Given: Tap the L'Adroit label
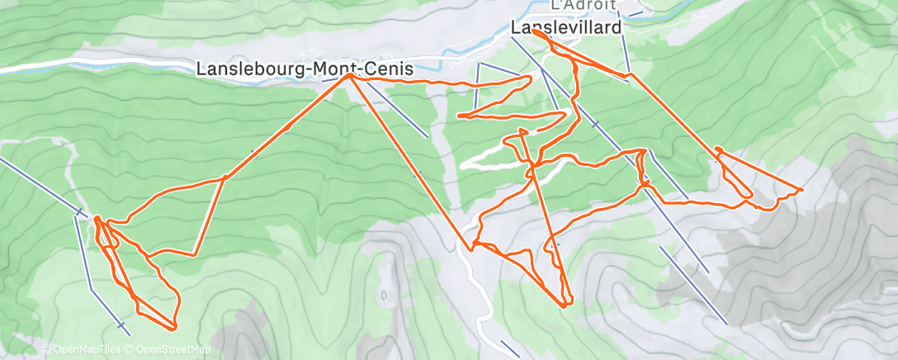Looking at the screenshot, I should click(583, 5).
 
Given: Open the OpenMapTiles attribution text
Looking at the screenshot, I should click(84, 349).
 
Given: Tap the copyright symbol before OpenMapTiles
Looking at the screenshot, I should click(45, 349).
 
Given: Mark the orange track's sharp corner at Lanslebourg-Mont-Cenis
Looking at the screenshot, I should click(350, 75).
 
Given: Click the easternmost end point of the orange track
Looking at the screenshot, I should click(801, 190).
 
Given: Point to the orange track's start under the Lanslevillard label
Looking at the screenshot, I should click(536, 34).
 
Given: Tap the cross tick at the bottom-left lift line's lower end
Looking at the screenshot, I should click(122, 326).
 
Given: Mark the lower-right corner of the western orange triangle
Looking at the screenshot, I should click(195, 254).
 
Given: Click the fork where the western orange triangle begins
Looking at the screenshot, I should click(224, 178).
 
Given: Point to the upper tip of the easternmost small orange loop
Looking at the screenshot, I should click(718, 149).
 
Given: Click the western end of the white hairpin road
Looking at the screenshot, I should click(462, 165).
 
